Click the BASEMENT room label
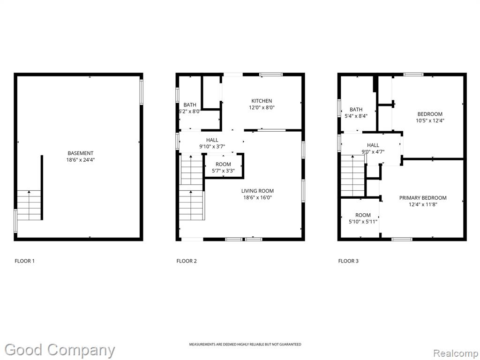click(x=81, y=153)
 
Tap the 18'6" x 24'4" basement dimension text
click(x=81, y=160)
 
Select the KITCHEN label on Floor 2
click(x=262, y=101)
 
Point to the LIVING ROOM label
click(x=257, y=191)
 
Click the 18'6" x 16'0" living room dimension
click(x=257, y=197)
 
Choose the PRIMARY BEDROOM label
click(x=423, y=198)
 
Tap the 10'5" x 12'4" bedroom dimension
click(x=430, y=120)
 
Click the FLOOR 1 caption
click(x=24, y=261)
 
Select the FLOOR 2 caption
click(x=187, y=261)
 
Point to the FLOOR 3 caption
click(x=348, y=261)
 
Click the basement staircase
click(x=29, y=205)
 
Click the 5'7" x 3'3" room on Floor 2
click(x=224, y=165)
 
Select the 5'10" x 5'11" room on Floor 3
click(x=360, y=218)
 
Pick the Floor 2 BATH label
click(x=190, y=105)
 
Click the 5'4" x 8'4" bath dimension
click(x=356, y=116)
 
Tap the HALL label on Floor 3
click(x=373, y=145)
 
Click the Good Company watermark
click(x=60, y=350)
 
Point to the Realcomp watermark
click(x=456, y=353)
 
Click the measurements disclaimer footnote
click(x=245, y=345)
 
